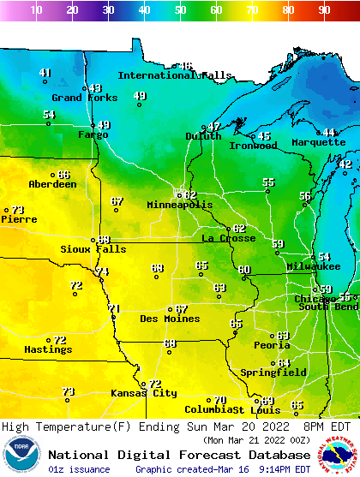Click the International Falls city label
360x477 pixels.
[175, 75]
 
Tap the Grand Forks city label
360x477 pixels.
[72, 98]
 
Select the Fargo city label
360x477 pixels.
[93, 134]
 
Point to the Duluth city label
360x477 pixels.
[203, 136]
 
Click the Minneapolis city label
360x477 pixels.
[179, 206]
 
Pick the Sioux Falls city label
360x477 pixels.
[93, 249]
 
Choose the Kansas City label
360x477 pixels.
[144, 393]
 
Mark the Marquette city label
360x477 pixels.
[318, 142]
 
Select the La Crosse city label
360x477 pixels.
[229, 238]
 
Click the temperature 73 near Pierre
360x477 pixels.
[17, 210]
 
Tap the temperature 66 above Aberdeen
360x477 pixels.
[63, 175]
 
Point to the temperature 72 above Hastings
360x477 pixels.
[60, 340]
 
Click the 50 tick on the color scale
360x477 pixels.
[180, 9]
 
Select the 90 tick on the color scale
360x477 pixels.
[324, 9]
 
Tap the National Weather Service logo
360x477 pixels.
[338, 455]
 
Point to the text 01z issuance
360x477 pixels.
[79, 469]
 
